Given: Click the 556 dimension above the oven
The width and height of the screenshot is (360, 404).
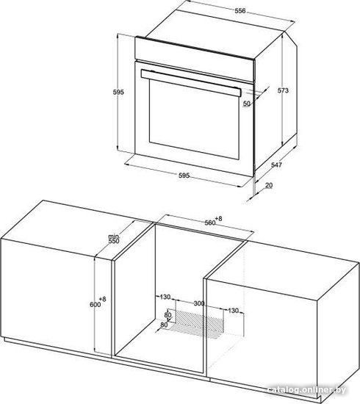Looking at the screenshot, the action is [240, 11].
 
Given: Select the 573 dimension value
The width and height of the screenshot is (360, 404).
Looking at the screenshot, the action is [283, 90].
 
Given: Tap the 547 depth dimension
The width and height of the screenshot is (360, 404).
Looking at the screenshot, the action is [276, 165].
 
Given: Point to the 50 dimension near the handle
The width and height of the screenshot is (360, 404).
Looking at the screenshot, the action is [247, 104].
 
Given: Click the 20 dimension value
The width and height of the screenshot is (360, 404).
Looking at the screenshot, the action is [269, 185].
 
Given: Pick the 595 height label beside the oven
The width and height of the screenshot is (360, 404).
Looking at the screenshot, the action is [118, 92].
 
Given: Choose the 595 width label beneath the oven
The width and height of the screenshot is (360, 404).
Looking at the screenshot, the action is [184, 176].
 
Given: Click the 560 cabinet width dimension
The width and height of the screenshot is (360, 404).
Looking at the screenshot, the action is [210, 223].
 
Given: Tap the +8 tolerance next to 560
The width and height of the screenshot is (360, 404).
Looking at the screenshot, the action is [218, 218].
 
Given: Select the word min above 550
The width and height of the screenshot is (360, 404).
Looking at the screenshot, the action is [113, 237].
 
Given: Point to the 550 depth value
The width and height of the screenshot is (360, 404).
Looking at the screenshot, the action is [114, 241].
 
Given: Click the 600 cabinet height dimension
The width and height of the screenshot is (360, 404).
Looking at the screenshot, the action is [95, 304].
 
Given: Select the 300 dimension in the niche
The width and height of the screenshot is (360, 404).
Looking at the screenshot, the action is [199, 303].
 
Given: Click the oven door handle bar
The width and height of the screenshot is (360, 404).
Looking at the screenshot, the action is [191, 83].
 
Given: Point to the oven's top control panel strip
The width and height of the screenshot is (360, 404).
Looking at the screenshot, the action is [195, 59].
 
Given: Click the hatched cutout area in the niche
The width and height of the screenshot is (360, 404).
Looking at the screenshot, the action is [197, 320].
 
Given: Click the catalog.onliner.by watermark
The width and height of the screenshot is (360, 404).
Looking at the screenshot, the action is [306, 389].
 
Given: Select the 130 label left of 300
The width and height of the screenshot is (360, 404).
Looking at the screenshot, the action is [165, 297].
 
